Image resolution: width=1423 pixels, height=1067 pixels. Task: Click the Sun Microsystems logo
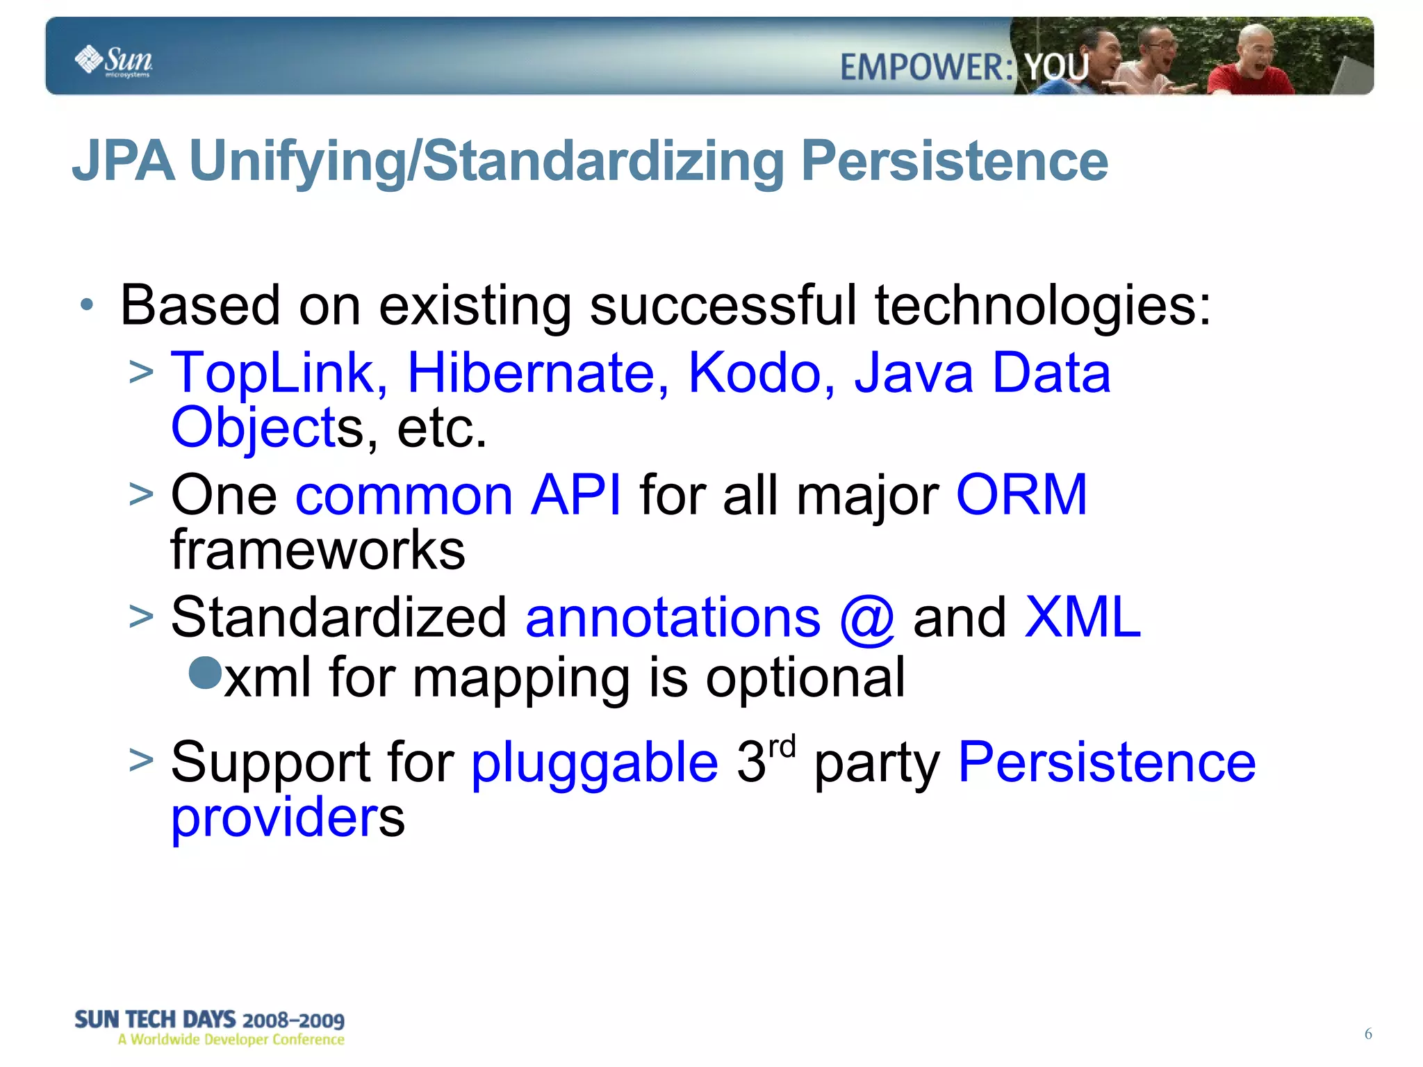113,61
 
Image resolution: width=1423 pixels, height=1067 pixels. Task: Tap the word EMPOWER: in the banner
926,68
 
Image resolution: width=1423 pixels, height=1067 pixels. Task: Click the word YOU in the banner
1057,68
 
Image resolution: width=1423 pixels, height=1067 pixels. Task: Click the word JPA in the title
123,161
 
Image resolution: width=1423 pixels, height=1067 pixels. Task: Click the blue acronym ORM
1021,494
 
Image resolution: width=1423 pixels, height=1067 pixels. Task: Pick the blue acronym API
575,494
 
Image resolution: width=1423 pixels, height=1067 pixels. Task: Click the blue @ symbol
866,618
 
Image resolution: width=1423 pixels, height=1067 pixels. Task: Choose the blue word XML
1082,617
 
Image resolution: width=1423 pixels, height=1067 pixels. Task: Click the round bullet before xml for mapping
205,672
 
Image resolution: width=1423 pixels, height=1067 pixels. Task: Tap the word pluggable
594,763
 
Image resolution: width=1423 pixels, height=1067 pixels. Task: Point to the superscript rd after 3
782,747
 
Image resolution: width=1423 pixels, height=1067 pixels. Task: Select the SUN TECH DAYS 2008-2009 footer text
209,1020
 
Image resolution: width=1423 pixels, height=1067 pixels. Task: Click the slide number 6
1367,1034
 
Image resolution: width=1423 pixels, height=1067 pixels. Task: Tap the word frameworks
318,550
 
